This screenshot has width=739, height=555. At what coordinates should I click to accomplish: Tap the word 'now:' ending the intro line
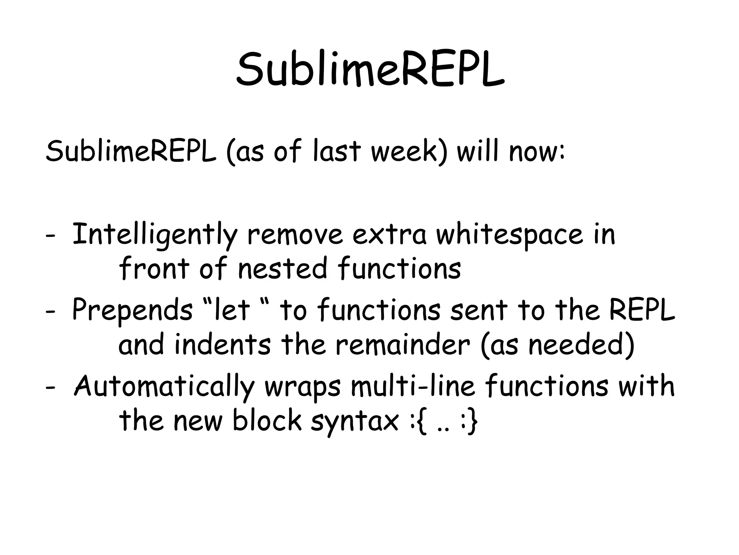[x=537, y=151]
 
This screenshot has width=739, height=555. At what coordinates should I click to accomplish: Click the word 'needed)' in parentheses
[x=581, y=345]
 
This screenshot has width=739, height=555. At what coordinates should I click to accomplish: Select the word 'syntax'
[x=355, y=421]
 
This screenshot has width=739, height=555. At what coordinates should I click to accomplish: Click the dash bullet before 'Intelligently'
[x=50, y=236]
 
